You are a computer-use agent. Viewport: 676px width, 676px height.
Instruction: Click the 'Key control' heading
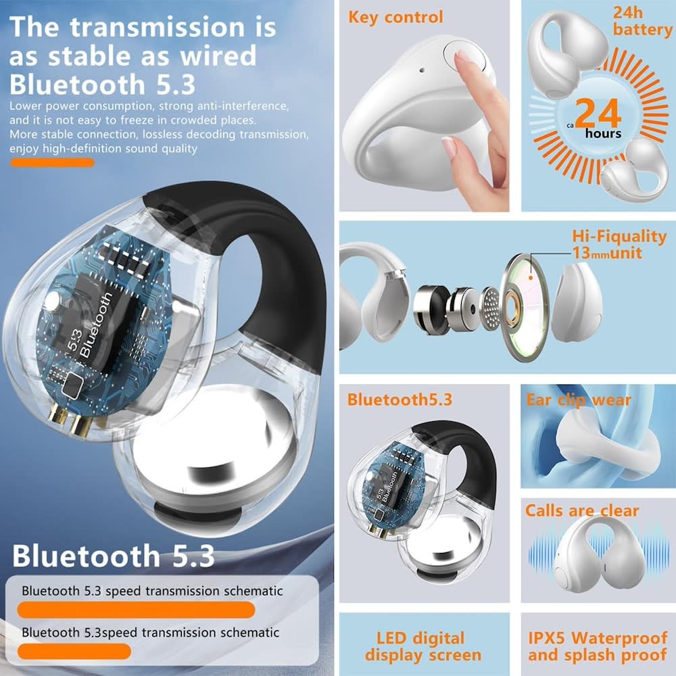click(x=395, y=17)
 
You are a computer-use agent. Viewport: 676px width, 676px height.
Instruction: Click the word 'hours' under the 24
click(x=603, y=134)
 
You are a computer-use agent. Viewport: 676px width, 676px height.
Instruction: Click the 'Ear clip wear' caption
click(x=578, y=400)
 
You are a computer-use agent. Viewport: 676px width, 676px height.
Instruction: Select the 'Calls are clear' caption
click(x=582, y=510)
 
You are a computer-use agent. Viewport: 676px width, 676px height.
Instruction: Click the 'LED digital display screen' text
click(x=423, y=646)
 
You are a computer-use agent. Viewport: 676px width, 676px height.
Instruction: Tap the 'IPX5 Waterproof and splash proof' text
click(x=596, y=646)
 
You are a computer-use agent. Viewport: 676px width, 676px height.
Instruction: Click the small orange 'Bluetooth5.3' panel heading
click(x=400, y=400)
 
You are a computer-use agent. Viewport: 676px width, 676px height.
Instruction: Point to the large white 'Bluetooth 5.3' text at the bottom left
click(x=113, y=556)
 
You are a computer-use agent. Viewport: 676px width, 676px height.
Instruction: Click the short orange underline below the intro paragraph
click(x=52, y=162)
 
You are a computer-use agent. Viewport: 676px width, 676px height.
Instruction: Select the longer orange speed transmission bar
click(x=136, y=610)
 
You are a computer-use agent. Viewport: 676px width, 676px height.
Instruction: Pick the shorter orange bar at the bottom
click(x=74, y=652)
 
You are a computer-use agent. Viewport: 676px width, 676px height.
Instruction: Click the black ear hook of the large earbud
click(x=281, y=270)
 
